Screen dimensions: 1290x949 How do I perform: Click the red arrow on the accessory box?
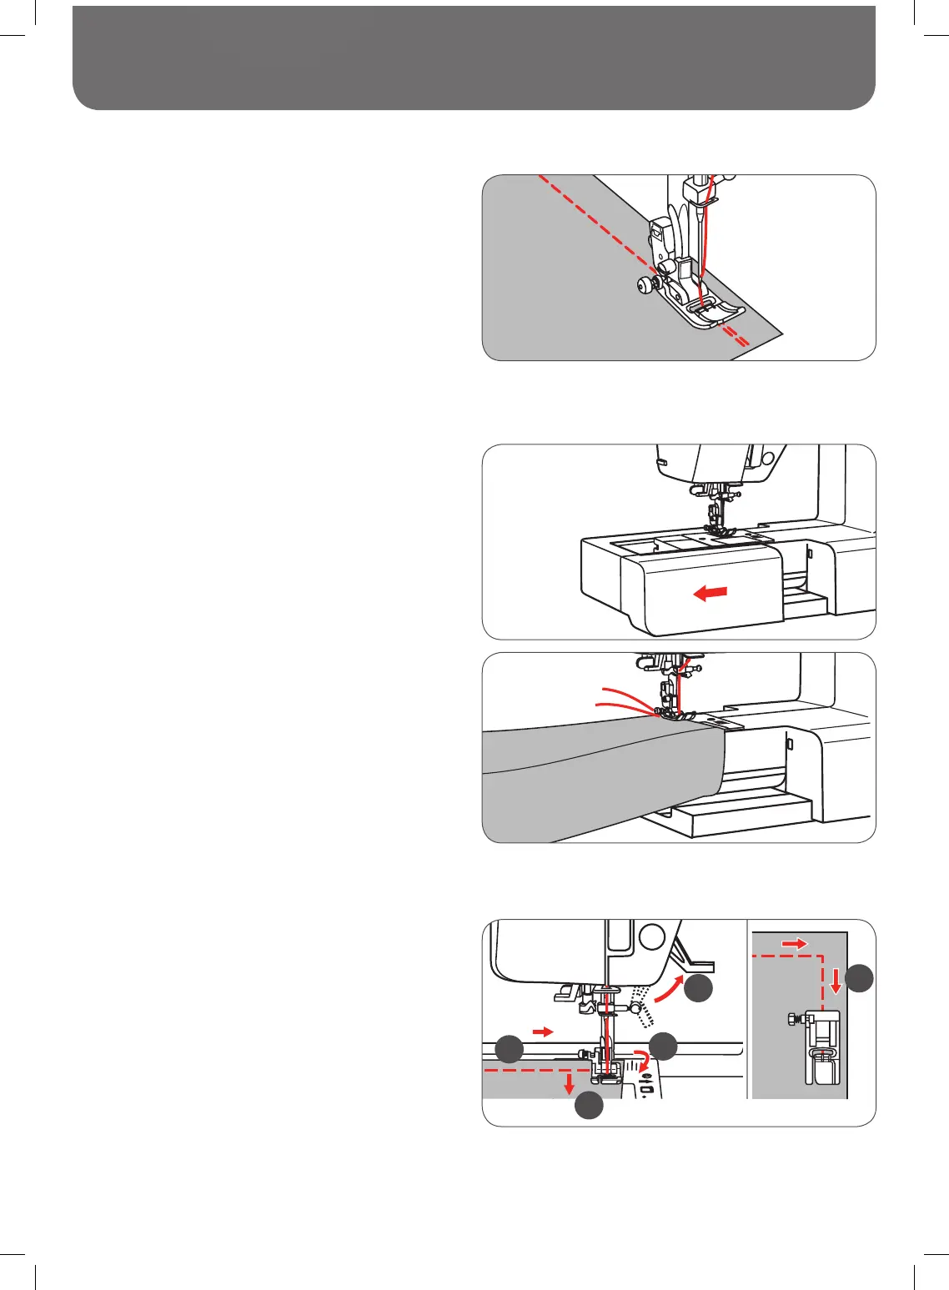[710, 593]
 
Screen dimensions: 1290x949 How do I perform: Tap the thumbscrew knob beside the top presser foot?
[644, 286]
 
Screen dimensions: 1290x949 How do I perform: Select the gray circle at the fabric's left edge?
[510, 1048]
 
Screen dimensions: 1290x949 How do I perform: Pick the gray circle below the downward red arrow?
[589, 1105]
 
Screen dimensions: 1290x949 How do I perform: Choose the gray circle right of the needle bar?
[663, 1047]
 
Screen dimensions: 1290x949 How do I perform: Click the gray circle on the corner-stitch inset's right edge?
[860, 978]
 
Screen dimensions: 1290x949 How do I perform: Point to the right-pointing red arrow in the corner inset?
[795, 943]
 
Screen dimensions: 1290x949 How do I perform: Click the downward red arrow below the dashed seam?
[569, 1083]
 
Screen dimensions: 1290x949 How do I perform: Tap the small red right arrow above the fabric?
[543, 1031]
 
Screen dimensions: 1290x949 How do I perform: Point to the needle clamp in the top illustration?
[695, 191]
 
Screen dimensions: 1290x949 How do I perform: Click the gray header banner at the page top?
[474, 57]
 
